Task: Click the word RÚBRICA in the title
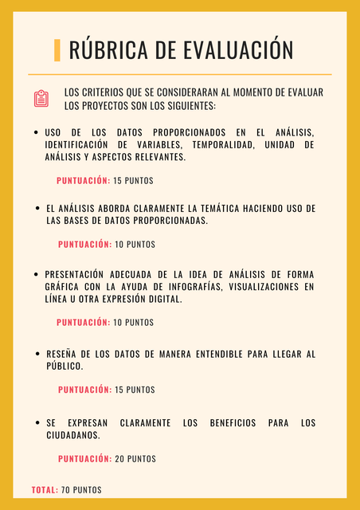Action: [x=109, y=50]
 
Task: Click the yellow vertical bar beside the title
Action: [x=57, y=50]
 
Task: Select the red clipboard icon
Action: [x=41, y=98]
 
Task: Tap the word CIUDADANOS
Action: [x=72, y=436]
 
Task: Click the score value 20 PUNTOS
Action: [x=135, y=459]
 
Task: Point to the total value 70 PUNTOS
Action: [x=81, y=489]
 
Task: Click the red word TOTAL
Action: [x=45, y=489]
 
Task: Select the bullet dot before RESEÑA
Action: [x=37, y=353]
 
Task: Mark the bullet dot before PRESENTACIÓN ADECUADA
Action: [x=37, y=273]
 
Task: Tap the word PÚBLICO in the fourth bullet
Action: [x=65, y=367]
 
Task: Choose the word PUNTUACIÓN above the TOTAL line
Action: [x=84, y=459]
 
